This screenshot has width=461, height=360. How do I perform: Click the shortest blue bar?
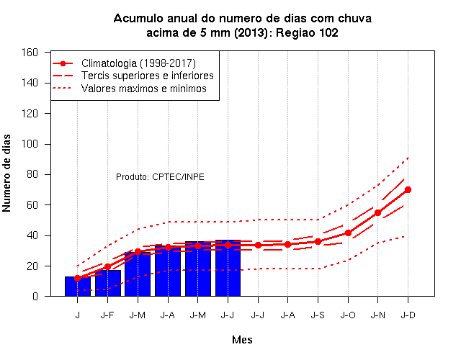point(78,287)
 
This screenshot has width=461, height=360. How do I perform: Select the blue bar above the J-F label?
point(108,283)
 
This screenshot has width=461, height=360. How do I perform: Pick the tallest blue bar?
point(228,268)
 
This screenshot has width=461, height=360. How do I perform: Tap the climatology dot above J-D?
point(408,190)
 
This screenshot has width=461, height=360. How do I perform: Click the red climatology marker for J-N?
point(377,213)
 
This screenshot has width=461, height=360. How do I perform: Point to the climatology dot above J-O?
point(348,233)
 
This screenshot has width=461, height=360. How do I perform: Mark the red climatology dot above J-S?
point(318,242)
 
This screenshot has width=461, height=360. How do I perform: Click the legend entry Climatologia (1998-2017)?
point(138,63)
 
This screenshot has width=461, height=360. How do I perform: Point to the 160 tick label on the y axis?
point(30,53)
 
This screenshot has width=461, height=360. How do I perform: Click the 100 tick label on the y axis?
point(30,144)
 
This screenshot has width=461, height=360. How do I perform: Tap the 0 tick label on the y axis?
point(35,296)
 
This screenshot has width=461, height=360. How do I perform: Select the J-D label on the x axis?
point(408,315)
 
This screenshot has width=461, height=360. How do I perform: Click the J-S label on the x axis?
point(318,315)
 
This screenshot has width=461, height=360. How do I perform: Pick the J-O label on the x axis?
point(348,315)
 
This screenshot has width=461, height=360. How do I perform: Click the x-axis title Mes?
point(242,340)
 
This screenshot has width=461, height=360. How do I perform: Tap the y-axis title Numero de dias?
point(6,173)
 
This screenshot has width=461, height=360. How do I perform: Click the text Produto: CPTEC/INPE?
point(160,177)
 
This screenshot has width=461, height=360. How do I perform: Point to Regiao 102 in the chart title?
point(307,32)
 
